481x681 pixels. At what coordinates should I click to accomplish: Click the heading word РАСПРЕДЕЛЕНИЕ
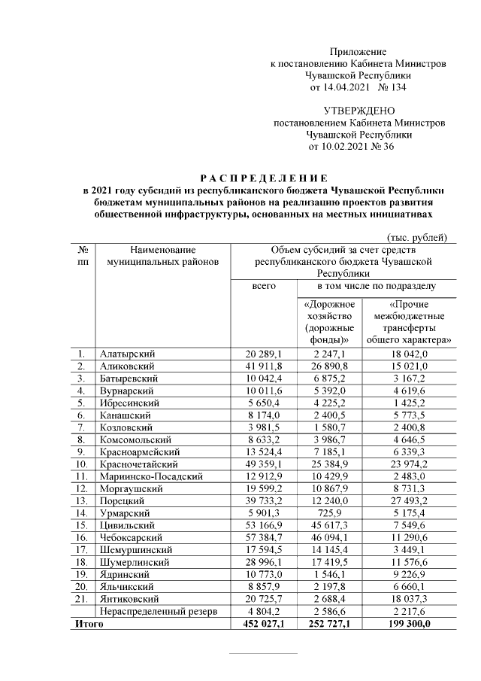point(263,178)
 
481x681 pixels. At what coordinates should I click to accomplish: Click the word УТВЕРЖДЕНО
point(358,110)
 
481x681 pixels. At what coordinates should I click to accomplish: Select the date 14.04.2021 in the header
point(334,88)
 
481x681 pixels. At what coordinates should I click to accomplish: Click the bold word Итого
point(87,624)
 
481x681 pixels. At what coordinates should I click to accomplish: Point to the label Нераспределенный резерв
point(158,612)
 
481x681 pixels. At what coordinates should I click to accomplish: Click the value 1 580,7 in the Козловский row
point(329,425)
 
